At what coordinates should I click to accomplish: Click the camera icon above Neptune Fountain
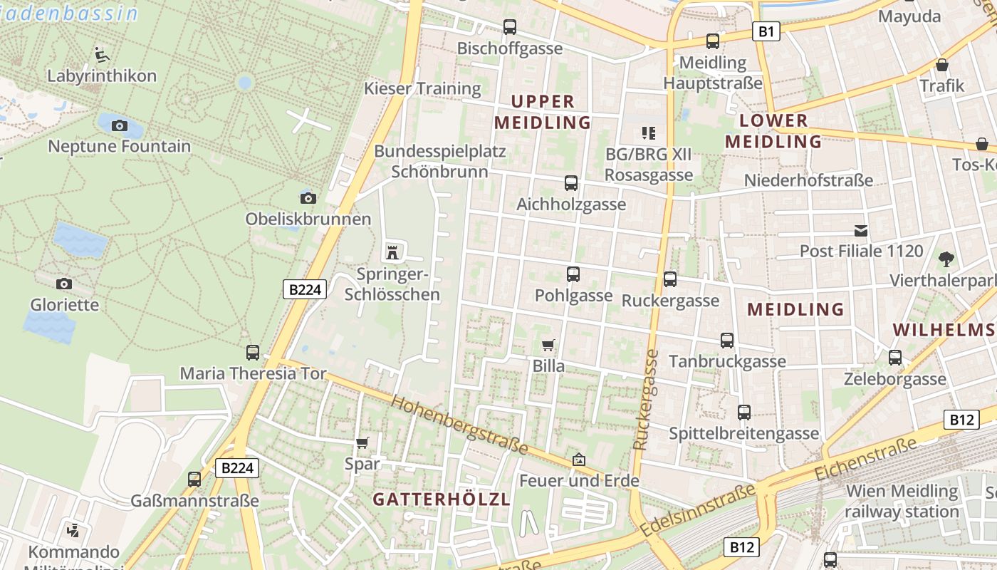pyautogui.click(x=120, y=126)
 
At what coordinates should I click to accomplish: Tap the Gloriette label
pyautogui.click(x=64, y=304)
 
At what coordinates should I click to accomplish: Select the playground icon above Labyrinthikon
pyautogui.click(x=101, y=54)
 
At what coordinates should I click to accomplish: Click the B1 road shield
pyautogui.click(x=766, y=31)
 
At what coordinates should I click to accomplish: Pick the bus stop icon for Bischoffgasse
pyautogui.click(x=510, y=27)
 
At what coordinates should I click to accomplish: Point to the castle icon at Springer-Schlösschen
pyautogui.click(x=391, y=252)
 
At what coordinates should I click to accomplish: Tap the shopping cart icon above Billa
pyautogui.click(x=548, y=346)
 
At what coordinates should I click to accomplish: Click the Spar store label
pyautogui.click(x=362, y=463)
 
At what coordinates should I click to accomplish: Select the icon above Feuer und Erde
pyautogui.click(x=578, y=460)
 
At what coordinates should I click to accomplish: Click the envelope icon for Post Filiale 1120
pyautogui.click(x=861, y=230)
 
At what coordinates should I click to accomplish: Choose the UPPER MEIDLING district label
pyautogui.click(x=543, y=112)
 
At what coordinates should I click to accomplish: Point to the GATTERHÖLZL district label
pyautogui.click(x=442, y=499)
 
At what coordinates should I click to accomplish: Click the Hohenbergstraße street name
pyautogui.click(x=459, y=425)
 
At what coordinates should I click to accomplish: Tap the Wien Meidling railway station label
pyautogui.click(x=902, y=501)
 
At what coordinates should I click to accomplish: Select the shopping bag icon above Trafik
pyautogui.click(x=942, y=66)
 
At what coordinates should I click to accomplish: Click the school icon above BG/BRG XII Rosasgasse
pyautogui.click(x=648, y=133)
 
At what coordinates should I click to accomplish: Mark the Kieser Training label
pyautogui.click(x=422, y=88)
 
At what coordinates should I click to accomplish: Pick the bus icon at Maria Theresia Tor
pyautogui.click(x=252, y=352)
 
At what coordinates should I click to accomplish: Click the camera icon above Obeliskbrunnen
pyautogui.click(x=308, y=198)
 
